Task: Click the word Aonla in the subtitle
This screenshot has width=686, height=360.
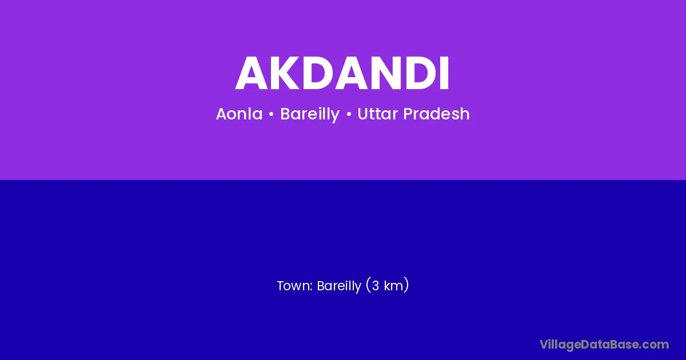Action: (x=239, y=114)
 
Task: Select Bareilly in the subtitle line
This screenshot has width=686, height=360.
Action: (x=310, y=114)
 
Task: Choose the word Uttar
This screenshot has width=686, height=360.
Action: (x=377, y=114)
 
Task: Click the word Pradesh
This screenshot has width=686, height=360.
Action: (x=436, y=114)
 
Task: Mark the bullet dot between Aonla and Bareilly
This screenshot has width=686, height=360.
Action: (x=271, y=114)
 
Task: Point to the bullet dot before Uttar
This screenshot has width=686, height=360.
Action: (x=349, y=114)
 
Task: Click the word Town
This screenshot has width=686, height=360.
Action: (x=294, y=286)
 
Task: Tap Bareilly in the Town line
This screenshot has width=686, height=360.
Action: (x=339, y=286)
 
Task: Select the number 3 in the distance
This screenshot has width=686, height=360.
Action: (x=376, y=286)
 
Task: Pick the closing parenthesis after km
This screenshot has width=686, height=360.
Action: (x=406, y=285)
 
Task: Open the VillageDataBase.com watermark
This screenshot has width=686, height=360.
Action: (x=604, y=345)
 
